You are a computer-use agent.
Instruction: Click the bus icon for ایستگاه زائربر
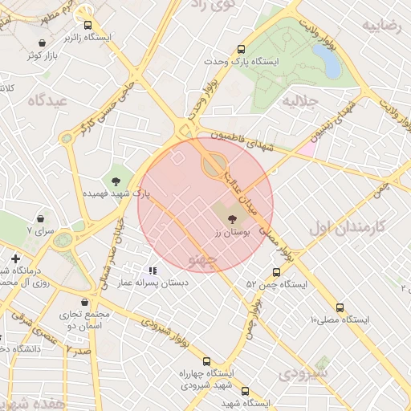88,25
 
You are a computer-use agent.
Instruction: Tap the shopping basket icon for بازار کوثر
42,43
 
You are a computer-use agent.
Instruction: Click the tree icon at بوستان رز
232,218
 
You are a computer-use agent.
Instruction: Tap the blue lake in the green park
327,61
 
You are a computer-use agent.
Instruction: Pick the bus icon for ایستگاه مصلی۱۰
340,307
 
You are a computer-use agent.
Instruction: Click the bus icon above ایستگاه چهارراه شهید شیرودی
206,361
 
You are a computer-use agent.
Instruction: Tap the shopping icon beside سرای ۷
40,218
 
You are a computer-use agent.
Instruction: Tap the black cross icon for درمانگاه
15,258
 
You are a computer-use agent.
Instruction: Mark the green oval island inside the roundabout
214,165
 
